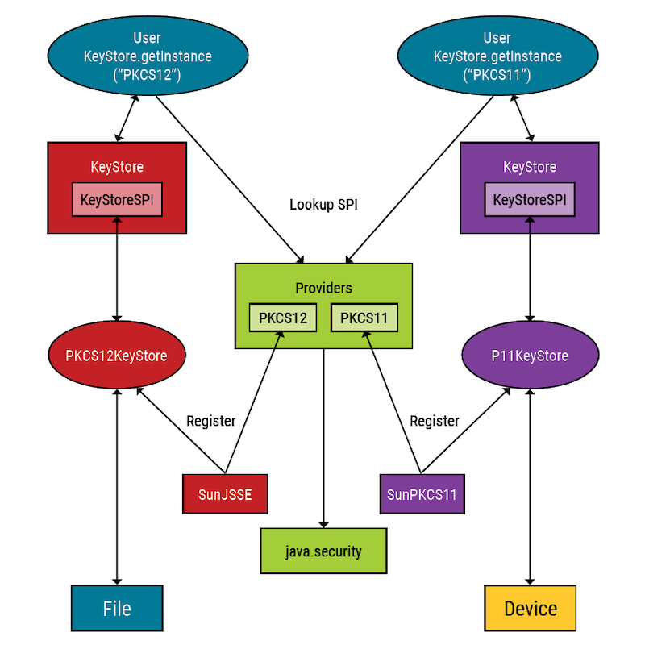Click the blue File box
pos(117,608)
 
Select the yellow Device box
pos(530,608)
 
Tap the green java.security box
pos(323,551)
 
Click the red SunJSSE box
pos(225,494)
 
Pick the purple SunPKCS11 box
pos(422,494)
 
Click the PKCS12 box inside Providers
pos(283,318)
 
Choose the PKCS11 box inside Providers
pos(364,318)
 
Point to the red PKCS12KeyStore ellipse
pos(118,356)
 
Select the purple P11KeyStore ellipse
pos(530,356)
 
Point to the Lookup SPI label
pos(323,205)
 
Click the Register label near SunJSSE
pos(210,421)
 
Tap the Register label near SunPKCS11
pos(435,421)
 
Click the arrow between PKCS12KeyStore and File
pos(118,484)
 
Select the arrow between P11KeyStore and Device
pos(530,484)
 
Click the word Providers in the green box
pos(323,288)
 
